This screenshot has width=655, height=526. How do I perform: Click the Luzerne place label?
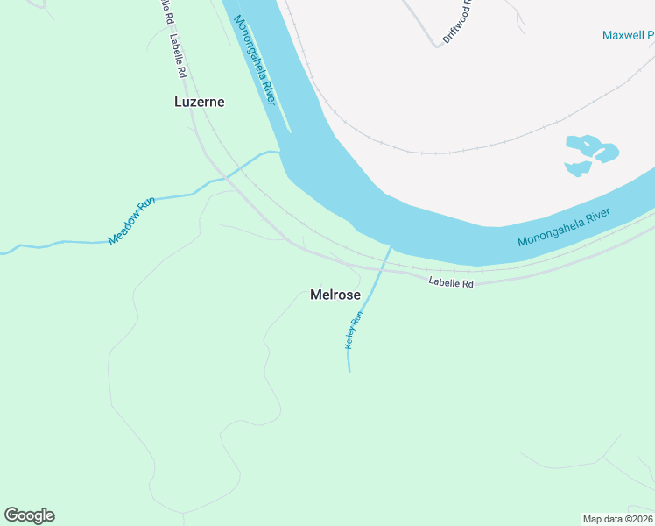200,102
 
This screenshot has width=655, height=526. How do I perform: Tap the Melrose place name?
335,295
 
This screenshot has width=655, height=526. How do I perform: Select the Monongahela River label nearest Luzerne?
256,62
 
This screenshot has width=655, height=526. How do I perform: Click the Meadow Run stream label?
131,220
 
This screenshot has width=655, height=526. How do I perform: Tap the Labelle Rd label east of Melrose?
450,283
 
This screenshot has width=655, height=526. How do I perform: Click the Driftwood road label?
457,22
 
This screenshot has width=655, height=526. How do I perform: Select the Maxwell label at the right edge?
628,35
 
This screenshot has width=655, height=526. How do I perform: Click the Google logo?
30,515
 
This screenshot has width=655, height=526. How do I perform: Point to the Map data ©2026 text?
618,519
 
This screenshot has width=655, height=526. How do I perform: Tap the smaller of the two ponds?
578,167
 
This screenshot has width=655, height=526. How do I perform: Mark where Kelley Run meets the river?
390,247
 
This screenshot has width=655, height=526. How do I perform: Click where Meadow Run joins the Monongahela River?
281,152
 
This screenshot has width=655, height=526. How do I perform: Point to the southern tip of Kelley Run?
349,371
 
